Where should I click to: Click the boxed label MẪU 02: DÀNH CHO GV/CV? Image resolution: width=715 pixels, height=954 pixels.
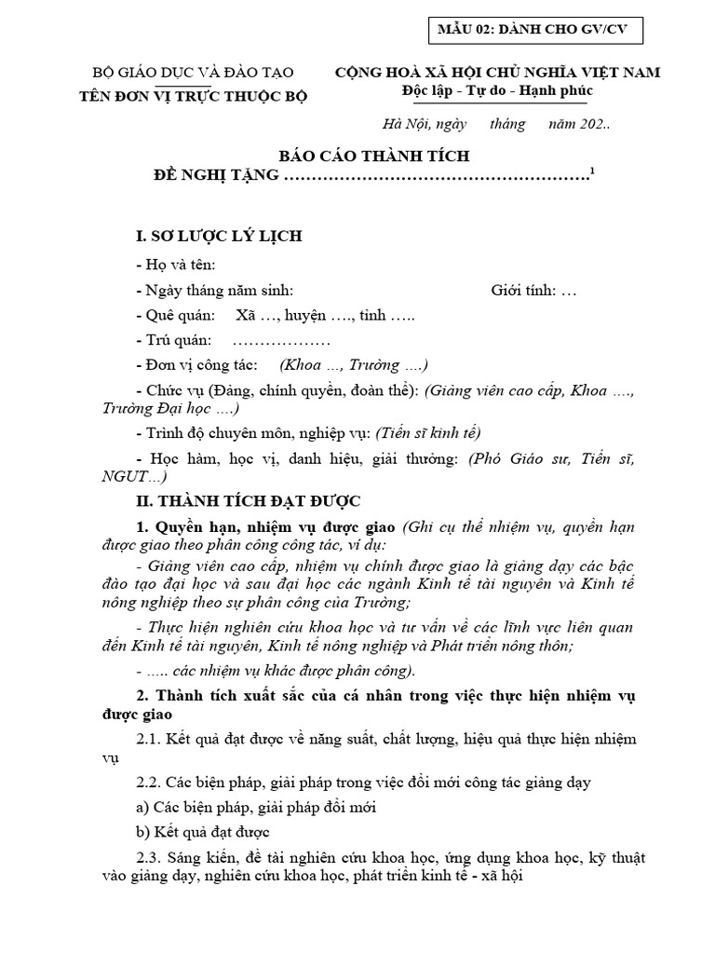coord(533,30)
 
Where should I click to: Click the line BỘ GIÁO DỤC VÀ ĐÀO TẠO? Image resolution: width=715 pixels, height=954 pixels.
coord(193,73)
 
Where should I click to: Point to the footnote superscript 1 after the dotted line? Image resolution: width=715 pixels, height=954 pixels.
coord(593,170)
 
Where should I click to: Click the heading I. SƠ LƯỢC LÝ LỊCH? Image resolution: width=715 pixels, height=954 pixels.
coord(219,236)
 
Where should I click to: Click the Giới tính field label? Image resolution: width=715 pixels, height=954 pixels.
coord(523,291)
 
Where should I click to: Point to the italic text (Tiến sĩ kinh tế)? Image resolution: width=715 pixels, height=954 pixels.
coord(428,432)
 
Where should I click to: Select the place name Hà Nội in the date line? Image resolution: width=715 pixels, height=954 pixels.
coord(403,124)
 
